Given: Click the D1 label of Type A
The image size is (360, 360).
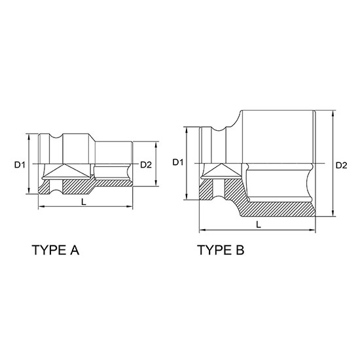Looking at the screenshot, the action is click(x=19, y=164).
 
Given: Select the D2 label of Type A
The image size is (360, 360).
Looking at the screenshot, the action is click(x=146, y=165).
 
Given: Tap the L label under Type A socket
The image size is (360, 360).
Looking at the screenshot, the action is click(x=84, y=202).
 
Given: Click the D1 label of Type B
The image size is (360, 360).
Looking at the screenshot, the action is click(x=177, y=162).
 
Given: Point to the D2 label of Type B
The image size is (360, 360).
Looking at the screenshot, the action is click(x=342, y=166).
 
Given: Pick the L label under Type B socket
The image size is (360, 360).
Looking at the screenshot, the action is click(x=259, y=225).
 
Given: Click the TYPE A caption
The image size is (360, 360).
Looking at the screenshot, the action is click(x=56, y=250).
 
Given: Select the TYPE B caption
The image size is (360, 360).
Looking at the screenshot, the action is click(x=221, y=250).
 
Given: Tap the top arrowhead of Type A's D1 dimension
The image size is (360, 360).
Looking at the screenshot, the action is click(x=29, y=137).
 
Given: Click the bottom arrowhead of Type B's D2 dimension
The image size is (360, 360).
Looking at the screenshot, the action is click(x=333, y=213).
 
